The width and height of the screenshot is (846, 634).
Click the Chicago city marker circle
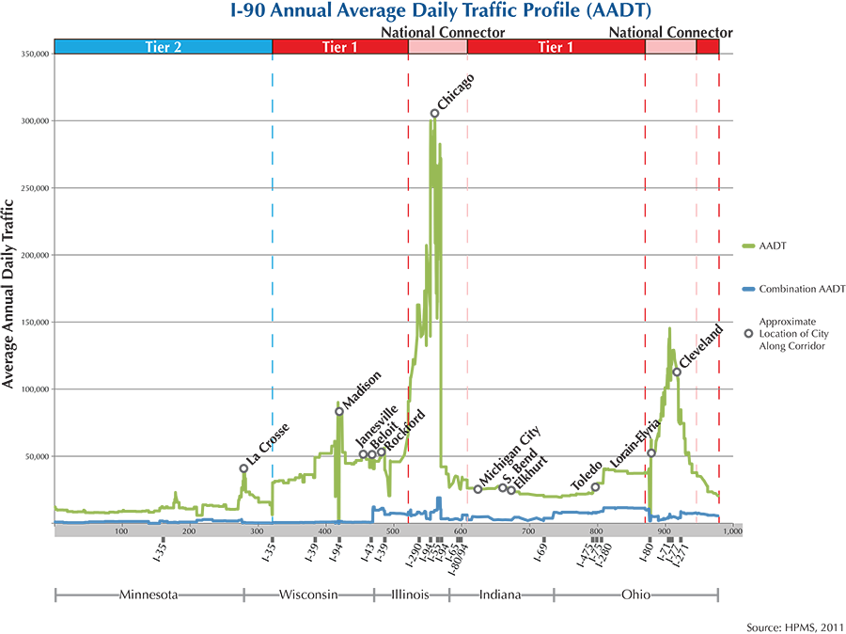(434, 113)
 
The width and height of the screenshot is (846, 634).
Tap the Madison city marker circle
(339, 411)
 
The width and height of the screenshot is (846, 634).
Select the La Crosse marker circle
(243, 468)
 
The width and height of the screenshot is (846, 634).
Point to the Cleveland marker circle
(677, 372)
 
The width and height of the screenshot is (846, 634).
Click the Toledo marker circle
(595, 486)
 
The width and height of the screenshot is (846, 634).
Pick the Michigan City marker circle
(478, 489)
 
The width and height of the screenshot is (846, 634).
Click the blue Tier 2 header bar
(163, 46)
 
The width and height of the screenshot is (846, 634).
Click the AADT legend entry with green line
(766, 246)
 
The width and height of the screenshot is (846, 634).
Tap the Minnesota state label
(149, 594)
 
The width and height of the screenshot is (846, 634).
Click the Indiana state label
(501, 594)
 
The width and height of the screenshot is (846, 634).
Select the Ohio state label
(635, 594)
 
